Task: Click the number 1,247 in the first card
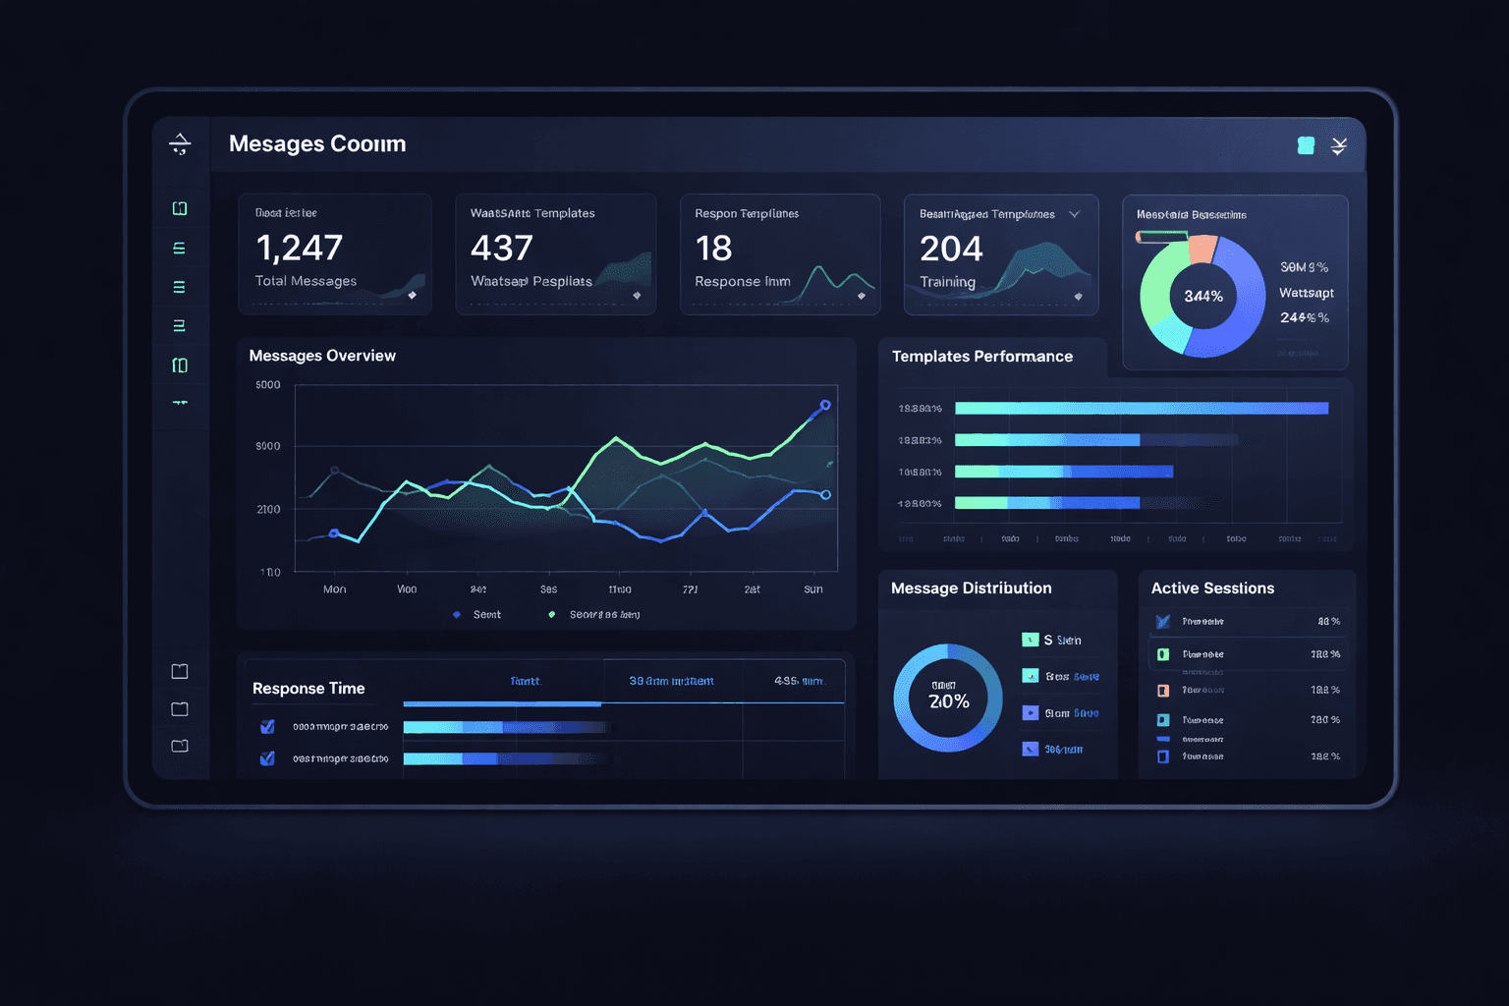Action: pos(299,249)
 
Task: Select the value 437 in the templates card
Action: pos(501,249)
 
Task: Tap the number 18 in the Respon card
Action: pos(713,249)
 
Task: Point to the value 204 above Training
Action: pos(951,249)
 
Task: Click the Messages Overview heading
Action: pos(322,356)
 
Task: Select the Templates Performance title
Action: pos(981,357)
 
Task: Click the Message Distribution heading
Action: pos(971,588)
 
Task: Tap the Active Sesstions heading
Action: pos(1212,588)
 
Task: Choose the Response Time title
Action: pos(308,689)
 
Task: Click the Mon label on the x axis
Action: pos(334,589)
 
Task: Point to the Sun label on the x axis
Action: pos(813,589)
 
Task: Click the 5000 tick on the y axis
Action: pos(268,385)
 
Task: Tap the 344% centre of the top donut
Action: pos(1203,297)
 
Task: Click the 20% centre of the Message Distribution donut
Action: pos(949,701)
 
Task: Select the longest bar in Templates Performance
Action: pos(1141,409)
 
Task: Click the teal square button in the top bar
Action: pos(1306,146)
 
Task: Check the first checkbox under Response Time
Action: pos(267,727)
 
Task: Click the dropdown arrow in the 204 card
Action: pos(1075,214)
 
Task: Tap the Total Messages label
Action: pos(306,281)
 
